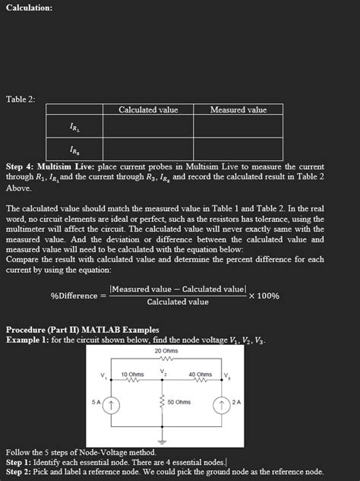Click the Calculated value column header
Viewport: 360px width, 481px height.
(x=148, y=110)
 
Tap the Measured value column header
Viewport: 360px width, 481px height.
(x=238, y=110)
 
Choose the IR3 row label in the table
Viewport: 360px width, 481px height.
(x=77, y=149)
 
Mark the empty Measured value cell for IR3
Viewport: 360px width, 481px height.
(x=238, y=149)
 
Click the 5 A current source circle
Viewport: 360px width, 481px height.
(x=112, y=403)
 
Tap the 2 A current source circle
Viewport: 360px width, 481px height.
(x=223, y=403)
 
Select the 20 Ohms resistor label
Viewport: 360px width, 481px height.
(x=166, y=351)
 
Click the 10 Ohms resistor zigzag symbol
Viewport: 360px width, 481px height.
(x=133, y=383)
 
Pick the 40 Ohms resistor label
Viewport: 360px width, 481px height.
(x=200, y=375)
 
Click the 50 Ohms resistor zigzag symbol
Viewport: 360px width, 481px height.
(x=161, y=402)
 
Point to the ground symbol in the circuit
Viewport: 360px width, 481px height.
(x=161, y=439)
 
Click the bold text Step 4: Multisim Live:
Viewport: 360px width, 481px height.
(x=51, y=166)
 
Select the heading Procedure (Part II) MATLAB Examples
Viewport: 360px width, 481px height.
(x=82, y=330)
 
